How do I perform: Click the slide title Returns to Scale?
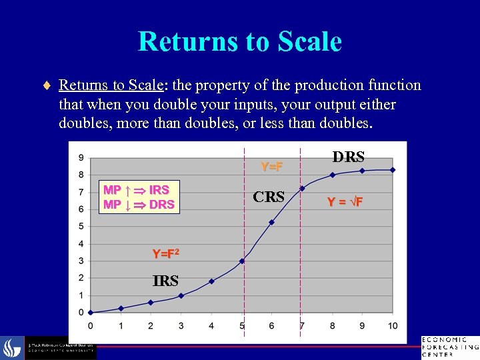(x=239, y=42)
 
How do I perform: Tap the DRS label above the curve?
(x=348, y=157)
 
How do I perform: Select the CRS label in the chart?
(x=269, y=197)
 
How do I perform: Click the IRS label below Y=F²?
(x=165, y=281)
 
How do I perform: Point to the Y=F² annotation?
(x=165, y=254)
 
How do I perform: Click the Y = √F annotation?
(x=345, y=201)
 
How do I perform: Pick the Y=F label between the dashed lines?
(x=271, y=166)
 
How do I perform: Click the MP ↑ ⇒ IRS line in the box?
(x=136, y=190)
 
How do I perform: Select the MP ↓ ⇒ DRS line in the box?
(x=139, y=204)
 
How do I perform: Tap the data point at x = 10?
(x=393, y=170)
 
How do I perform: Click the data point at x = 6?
(x=271, y=222)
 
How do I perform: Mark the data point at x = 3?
(x=181, y=295)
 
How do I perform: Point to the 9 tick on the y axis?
(x=81, y=158)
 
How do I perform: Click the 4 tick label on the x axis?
(x=211, y=325)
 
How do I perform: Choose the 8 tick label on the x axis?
(x=332, y=325)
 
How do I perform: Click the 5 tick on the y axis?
(x=81, y=227)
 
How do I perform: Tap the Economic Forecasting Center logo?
(x=449, y=347)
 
